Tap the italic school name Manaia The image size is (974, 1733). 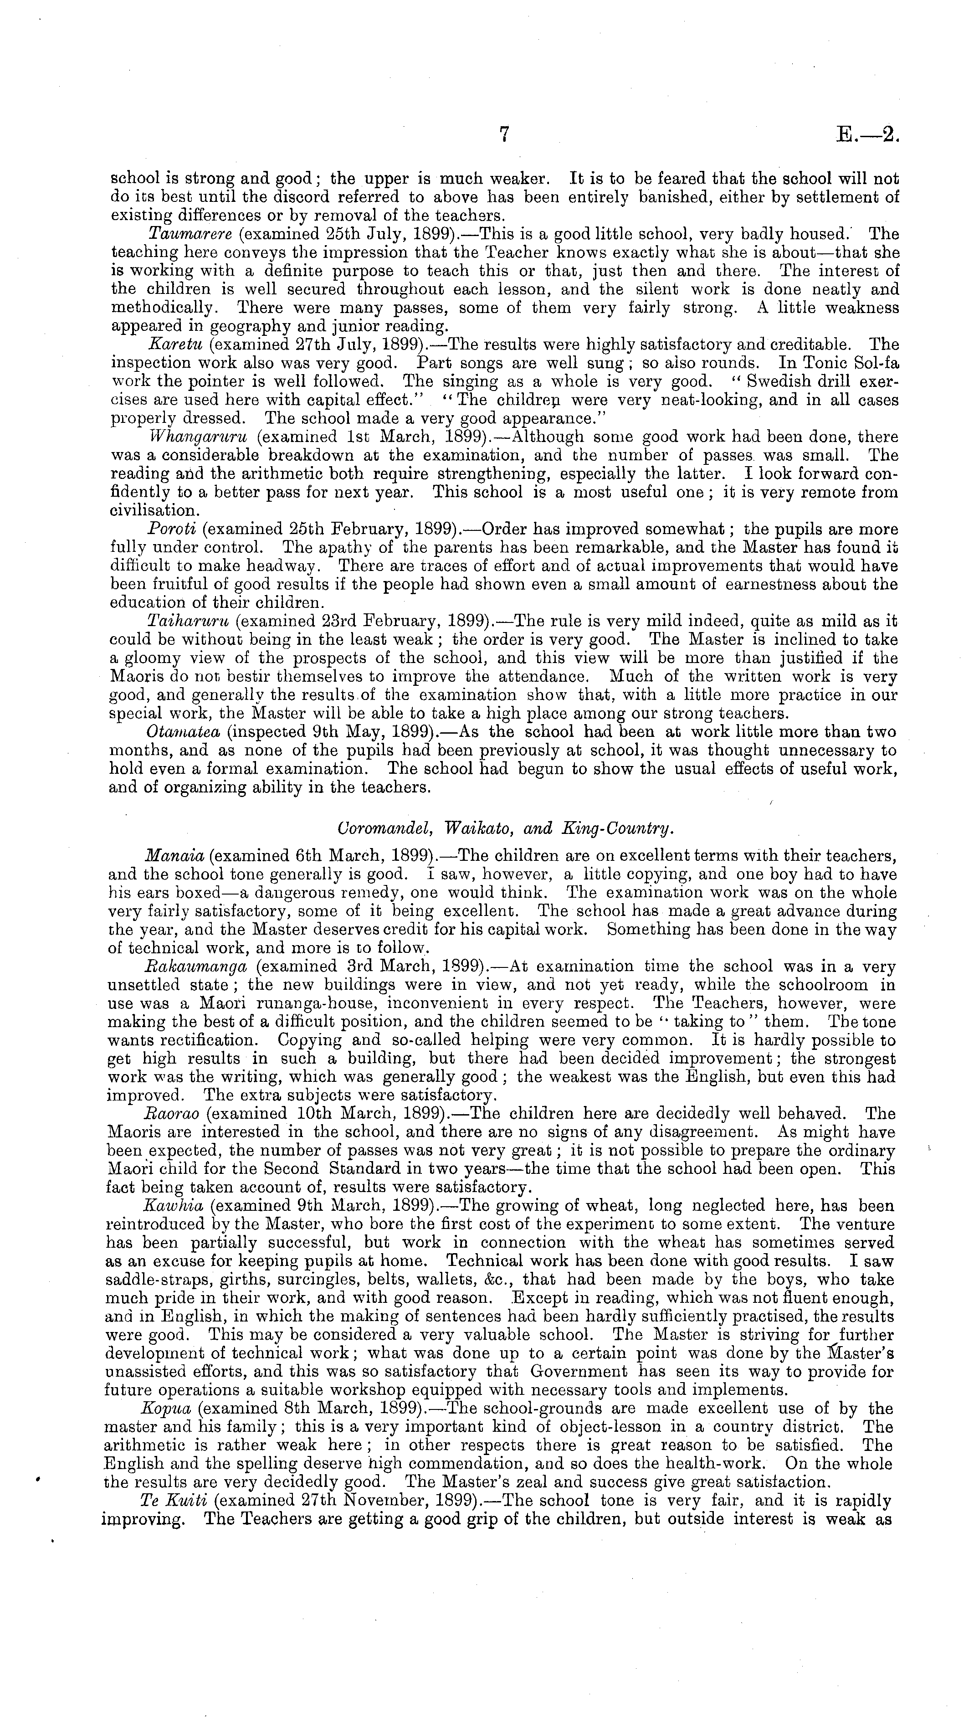[174, 856]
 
